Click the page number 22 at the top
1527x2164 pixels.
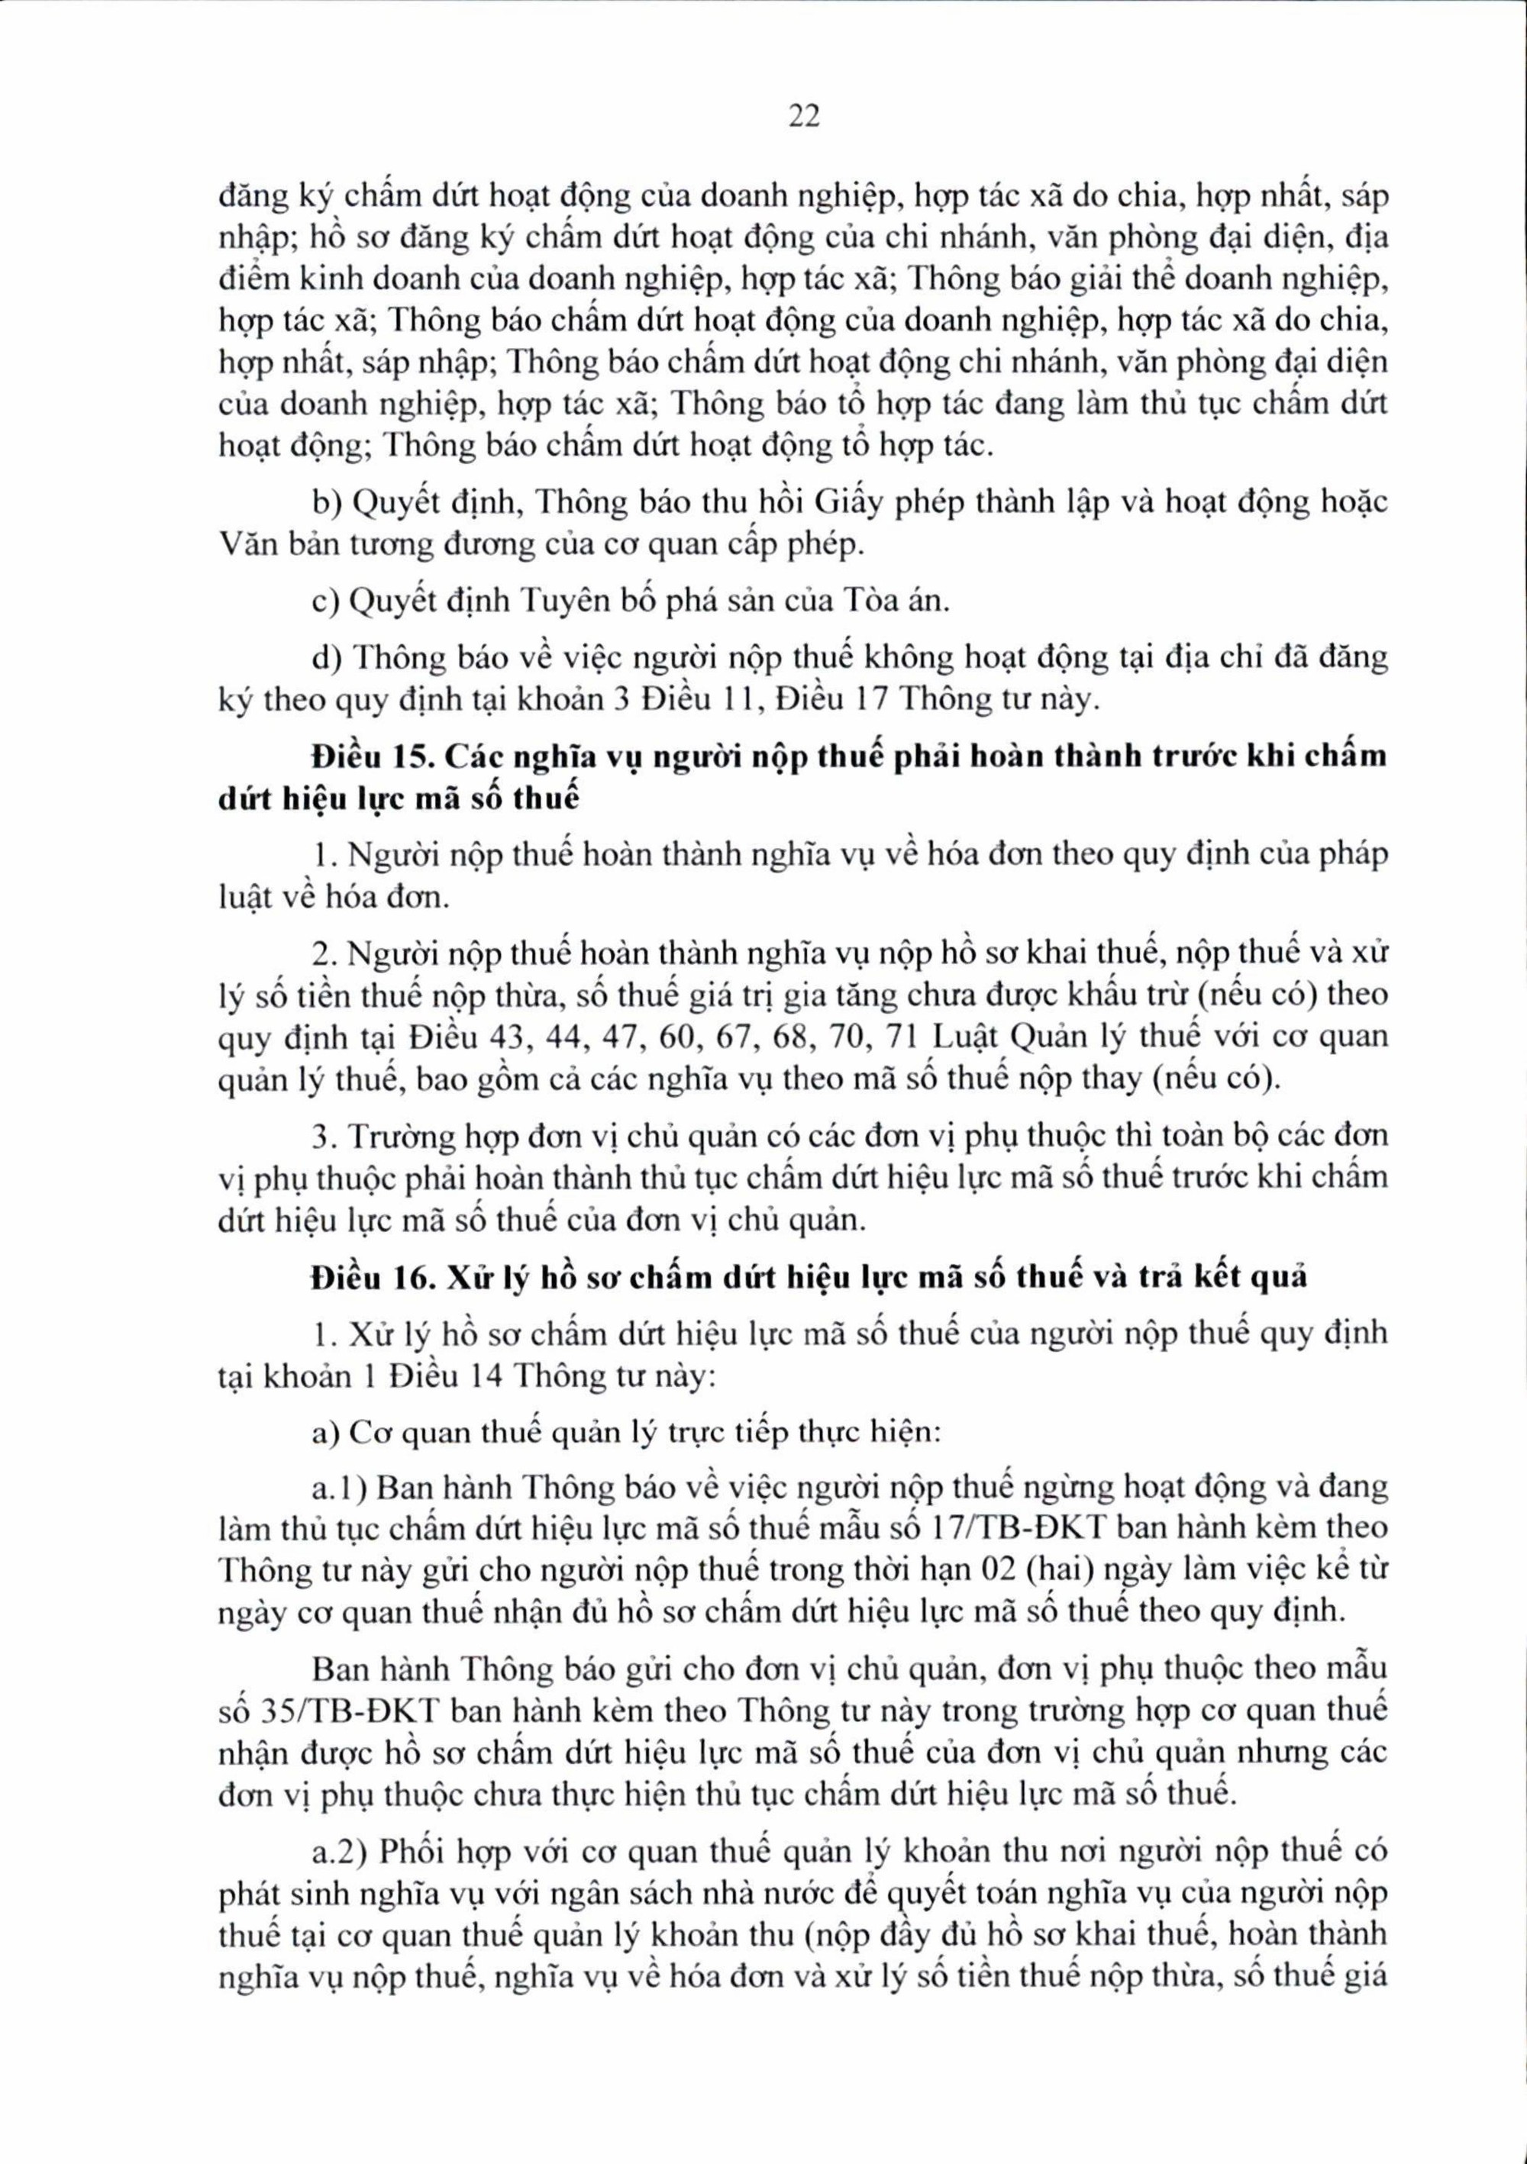pyautogui.click(x=803, y=116)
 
